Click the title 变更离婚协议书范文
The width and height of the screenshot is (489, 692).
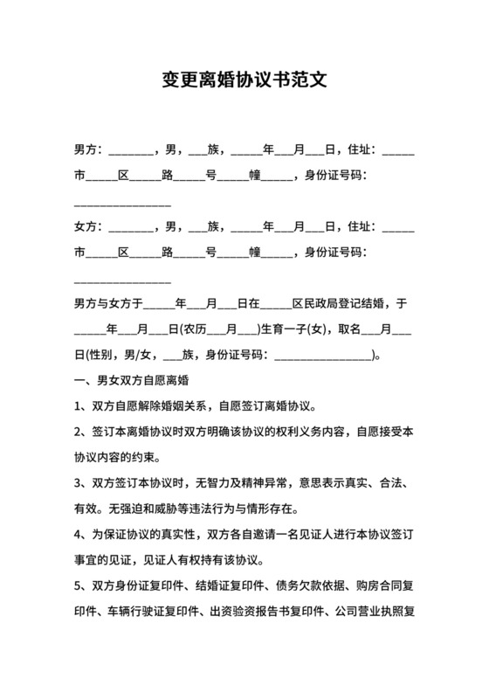(x=244, y=80)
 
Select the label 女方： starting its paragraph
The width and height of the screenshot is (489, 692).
(x=90, y=227)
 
